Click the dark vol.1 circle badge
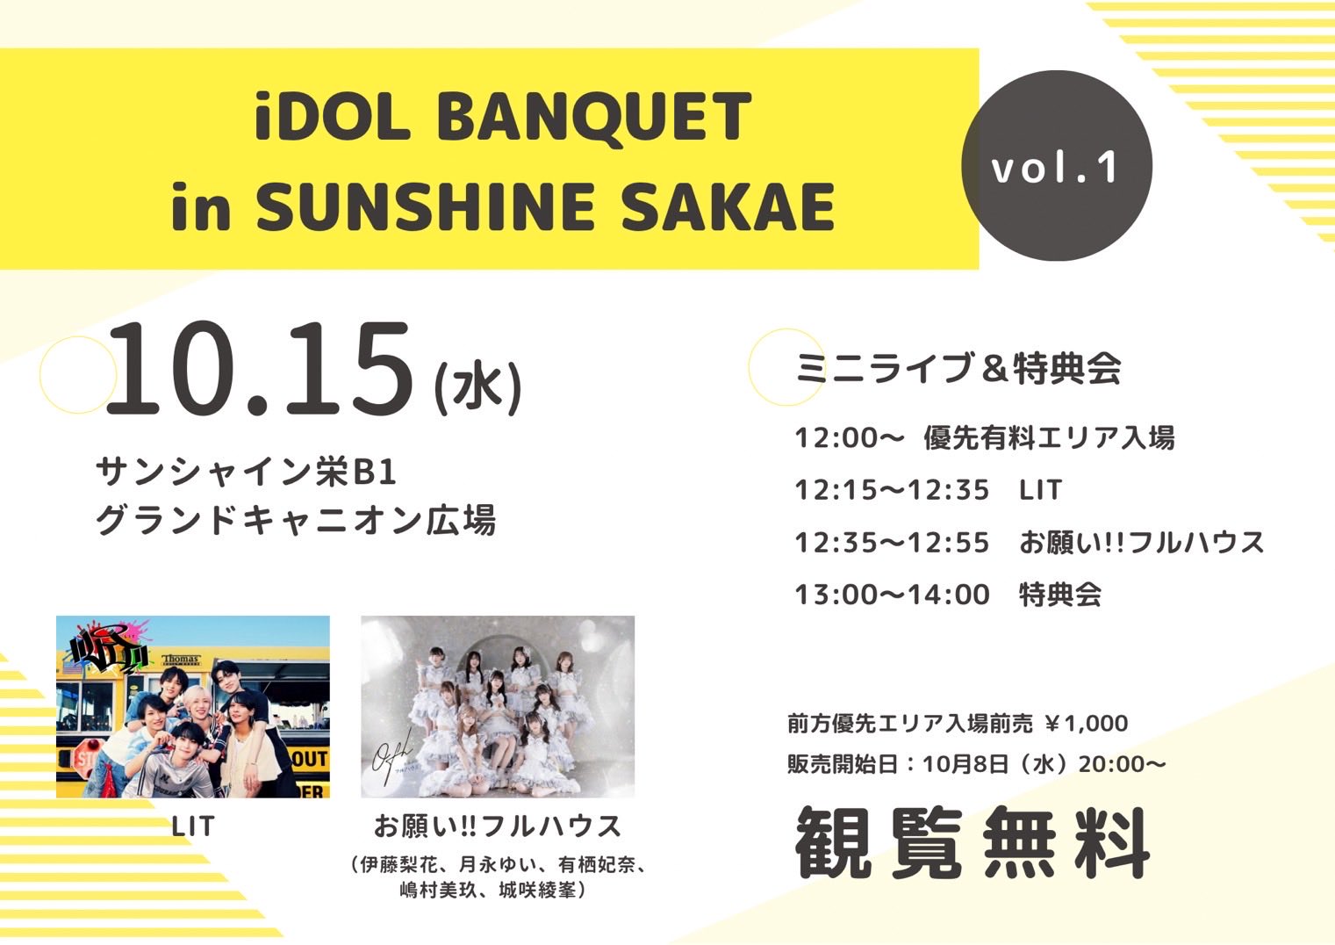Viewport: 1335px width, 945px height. (x=1056, y=166)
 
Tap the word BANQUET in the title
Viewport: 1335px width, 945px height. (x=593, y=117)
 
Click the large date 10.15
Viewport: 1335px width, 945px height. (x=260, y=369)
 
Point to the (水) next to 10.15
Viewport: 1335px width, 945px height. (x=477, y=386)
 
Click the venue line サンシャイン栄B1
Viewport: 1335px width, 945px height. (x=247, y=473)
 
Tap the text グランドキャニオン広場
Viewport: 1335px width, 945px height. (x=295, y=520)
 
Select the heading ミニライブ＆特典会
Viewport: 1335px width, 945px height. (x=958, y=368)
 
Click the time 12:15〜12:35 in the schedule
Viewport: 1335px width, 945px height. (x=892, y=490)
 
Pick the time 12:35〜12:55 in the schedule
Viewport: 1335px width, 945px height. (x=892, y=543)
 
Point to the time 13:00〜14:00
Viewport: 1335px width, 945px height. (x=892, y=595)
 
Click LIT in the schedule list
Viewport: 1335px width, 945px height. (x=1041, y=490)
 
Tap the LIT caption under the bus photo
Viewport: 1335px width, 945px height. (x=193, y=826)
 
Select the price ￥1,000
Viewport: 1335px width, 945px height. (x=1087, y=724)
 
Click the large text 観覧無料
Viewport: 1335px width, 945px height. (x=972, y=844)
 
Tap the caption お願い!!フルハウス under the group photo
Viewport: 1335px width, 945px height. (x=498, y=826)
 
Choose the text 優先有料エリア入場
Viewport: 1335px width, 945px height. (x=1049, y=437)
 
